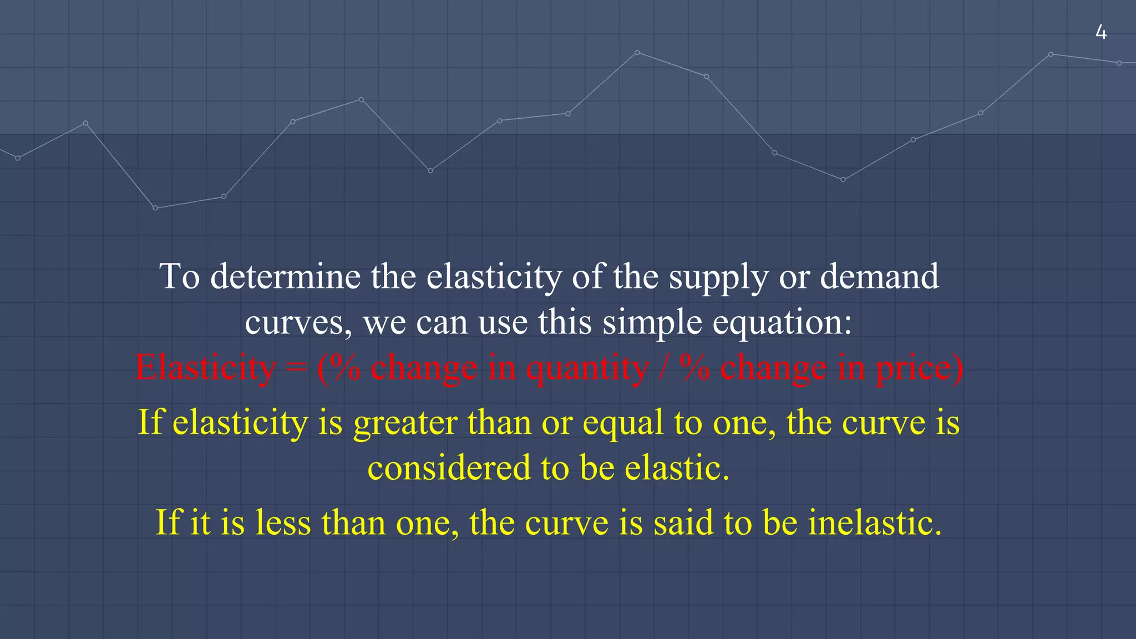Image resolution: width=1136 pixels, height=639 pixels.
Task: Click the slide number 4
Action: (x=1101, y=33)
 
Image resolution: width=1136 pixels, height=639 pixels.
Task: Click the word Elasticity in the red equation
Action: (x=205, y=367)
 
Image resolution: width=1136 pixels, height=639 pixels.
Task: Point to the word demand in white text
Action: (x=879, y=276)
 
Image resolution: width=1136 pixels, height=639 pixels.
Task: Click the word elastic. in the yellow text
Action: (x=677, y=468)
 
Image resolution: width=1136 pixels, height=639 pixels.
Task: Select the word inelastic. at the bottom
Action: (x=875, y=523)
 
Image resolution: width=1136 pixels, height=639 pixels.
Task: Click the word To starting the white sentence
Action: (x=180, y=276)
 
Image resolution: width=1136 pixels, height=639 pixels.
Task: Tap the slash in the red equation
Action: (x=663, y=367)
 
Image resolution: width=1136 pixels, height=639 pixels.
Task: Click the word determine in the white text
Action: (x=285, y=276)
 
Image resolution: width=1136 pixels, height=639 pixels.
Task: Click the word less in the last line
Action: (x=283, y=523)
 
